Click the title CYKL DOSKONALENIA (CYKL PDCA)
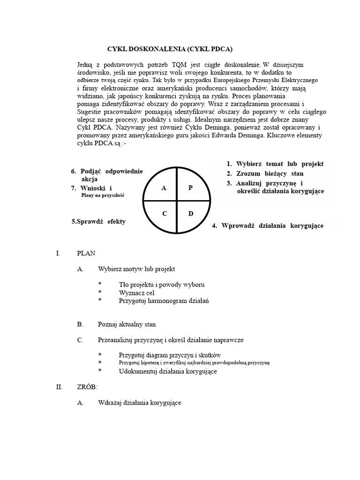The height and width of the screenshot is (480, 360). pyautogui.click(x=170, y=49)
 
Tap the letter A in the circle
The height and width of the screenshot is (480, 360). pyautogui.click(x=164, y=188)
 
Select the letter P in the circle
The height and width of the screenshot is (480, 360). pyautogui.click(x=190, y=188)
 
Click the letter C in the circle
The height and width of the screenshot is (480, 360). pyautogui.click(x=165, y=214)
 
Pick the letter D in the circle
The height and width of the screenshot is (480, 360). pyautogui.click(x=191, y=214)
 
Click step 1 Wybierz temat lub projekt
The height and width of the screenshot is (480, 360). pyautogui.click(x=275, y=164)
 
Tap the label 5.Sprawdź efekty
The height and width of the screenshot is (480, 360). pyautogui.click(x=98, y=221)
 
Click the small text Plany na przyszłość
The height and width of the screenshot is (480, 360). pyautogui.click(x=103, y=195)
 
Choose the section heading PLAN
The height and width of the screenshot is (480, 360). pyautogui.click(x=86, y=253)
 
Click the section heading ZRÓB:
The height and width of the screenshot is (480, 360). pyautogui.click(x=87, y=387)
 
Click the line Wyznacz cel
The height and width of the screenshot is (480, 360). pyautogui.click(x=136, y=292)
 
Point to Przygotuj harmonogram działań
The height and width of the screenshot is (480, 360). pyautogui.click(x=164, y=300)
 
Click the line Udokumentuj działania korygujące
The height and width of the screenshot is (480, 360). pyautogui.click(x=168, y=371)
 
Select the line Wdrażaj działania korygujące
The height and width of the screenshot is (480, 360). pyautogui.click(x=140, y=402)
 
